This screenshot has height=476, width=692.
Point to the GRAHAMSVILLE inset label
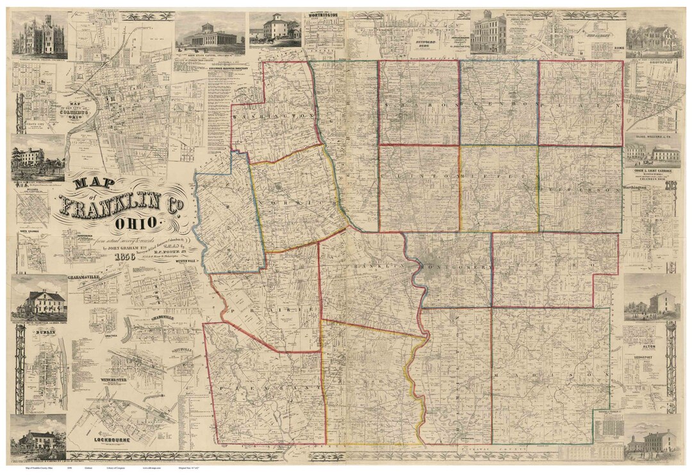tap(85, 278)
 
